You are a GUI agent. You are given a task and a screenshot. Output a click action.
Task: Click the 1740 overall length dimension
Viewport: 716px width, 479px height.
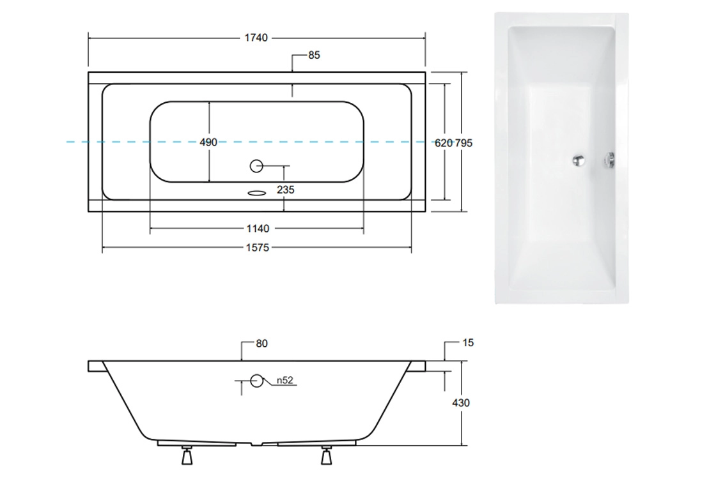(256, 38)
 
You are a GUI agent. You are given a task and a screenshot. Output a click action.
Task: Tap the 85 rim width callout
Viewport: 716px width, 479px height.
(314, 55)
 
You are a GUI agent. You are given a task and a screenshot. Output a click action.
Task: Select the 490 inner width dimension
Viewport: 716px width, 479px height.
(208, 142)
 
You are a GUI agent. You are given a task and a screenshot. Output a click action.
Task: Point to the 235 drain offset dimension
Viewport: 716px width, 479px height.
(285, 190)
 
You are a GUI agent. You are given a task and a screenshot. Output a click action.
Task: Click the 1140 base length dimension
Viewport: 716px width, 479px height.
(258, 229)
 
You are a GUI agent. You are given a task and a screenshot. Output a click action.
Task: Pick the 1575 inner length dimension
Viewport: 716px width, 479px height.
(258, 248)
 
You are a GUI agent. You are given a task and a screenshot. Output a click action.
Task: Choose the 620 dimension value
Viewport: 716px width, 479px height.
(443, 143)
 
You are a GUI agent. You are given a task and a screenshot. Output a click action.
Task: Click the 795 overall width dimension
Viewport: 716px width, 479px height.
(463, 143)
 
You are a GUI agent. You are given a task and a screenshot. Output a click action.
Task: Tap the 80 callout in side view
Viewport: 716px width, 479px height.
(261, 344)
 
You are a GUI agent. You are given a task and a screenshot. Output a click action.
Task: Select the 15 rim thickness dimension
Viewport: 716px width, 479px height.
(468, 342)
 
